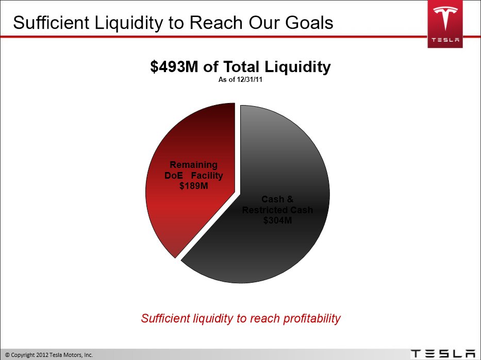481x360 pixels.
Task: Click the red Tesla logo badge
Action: click(445, 24)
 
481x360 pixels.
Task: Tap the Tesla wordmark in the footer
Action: click(443, 354)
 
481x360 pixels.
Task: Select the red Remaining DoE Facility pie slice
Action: click(190, 180)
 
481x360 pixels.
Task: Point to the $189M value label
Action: click(193, 186)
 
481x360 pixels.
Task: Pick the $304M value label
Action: click(277, 220)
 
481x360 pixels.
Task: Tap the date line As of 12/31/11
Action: click(240, 80)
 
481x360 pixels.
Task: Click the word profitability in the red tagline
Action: click(312, 319)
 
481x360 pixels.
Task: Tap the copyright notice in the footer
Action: click(49, 355)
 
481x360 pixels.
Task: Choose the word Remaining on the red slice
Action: click(193, 165)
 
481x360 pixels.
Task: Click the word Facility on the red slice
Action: click(207, 176)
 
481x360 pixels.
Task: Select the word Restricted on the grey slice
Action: click(265, 210)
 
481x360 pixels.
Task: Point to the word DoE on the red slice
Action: click(174, 176)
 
